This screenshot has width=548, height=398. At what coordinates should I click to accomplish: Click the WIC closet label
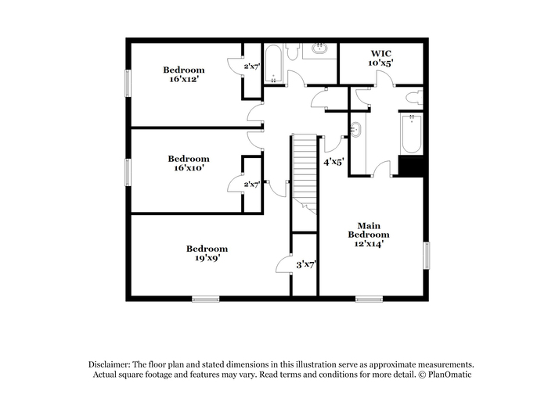381,53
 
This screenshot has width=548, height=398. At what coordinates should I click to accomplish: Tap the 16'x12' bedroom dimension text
184,79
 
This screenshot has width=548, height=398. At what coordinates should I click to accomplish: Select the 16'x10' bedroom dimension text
189,168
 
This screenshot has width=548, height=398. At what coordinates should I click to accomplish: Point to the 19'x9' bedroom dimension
207,258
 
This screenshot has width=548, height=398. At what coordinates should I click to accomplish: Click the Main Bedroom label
369,230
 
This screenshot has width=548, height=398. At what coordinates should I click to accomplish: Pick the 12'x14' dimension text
369,244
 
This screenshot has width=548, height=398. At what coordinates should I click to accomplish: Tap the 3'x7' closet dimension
307,264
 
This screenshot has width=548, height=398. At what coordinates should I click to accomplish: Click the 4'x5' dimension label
333,162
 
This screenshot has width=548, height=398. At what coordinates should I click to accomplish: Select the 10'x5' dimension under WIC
381,63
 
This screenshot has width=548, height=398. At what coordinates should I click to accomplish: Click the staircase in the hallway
305,174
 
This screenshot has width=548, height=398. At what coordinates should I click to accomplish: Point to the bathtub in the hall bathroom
273,63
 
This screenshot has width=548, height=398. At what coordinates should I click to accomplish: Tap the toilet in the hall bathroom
292,52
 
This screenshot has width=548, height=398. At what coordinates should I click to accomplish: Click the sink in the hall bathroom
319,48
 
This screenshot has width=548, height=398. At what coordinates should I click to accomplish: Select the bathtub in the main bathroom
412,134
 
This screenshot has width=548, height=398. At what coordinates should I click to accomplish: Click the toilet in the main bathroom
415,98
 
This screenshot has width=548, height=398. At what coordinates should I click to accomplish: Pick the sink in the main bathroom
355,130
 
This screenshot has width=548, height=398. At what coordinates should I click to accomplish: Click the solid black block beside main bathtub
411,167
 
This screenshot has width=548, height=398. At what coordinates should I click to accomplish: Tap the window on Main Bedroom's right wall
427,256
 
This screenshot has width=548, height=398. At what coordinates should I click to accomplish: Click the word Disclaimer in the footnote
110,365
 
